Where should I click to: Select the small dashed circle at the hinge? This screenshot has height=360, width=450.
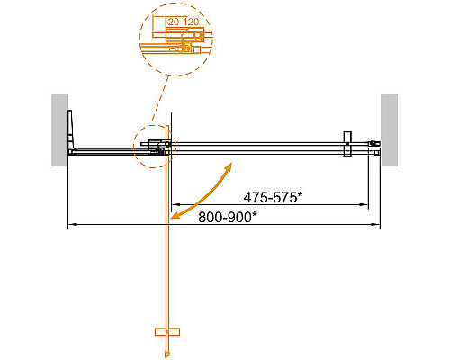[151, 146]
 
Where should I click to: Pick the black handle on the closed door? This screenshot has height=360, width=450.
[346, 144]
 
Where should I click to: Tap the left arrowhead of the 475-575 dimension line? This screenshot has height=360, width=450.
[175, 204]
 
